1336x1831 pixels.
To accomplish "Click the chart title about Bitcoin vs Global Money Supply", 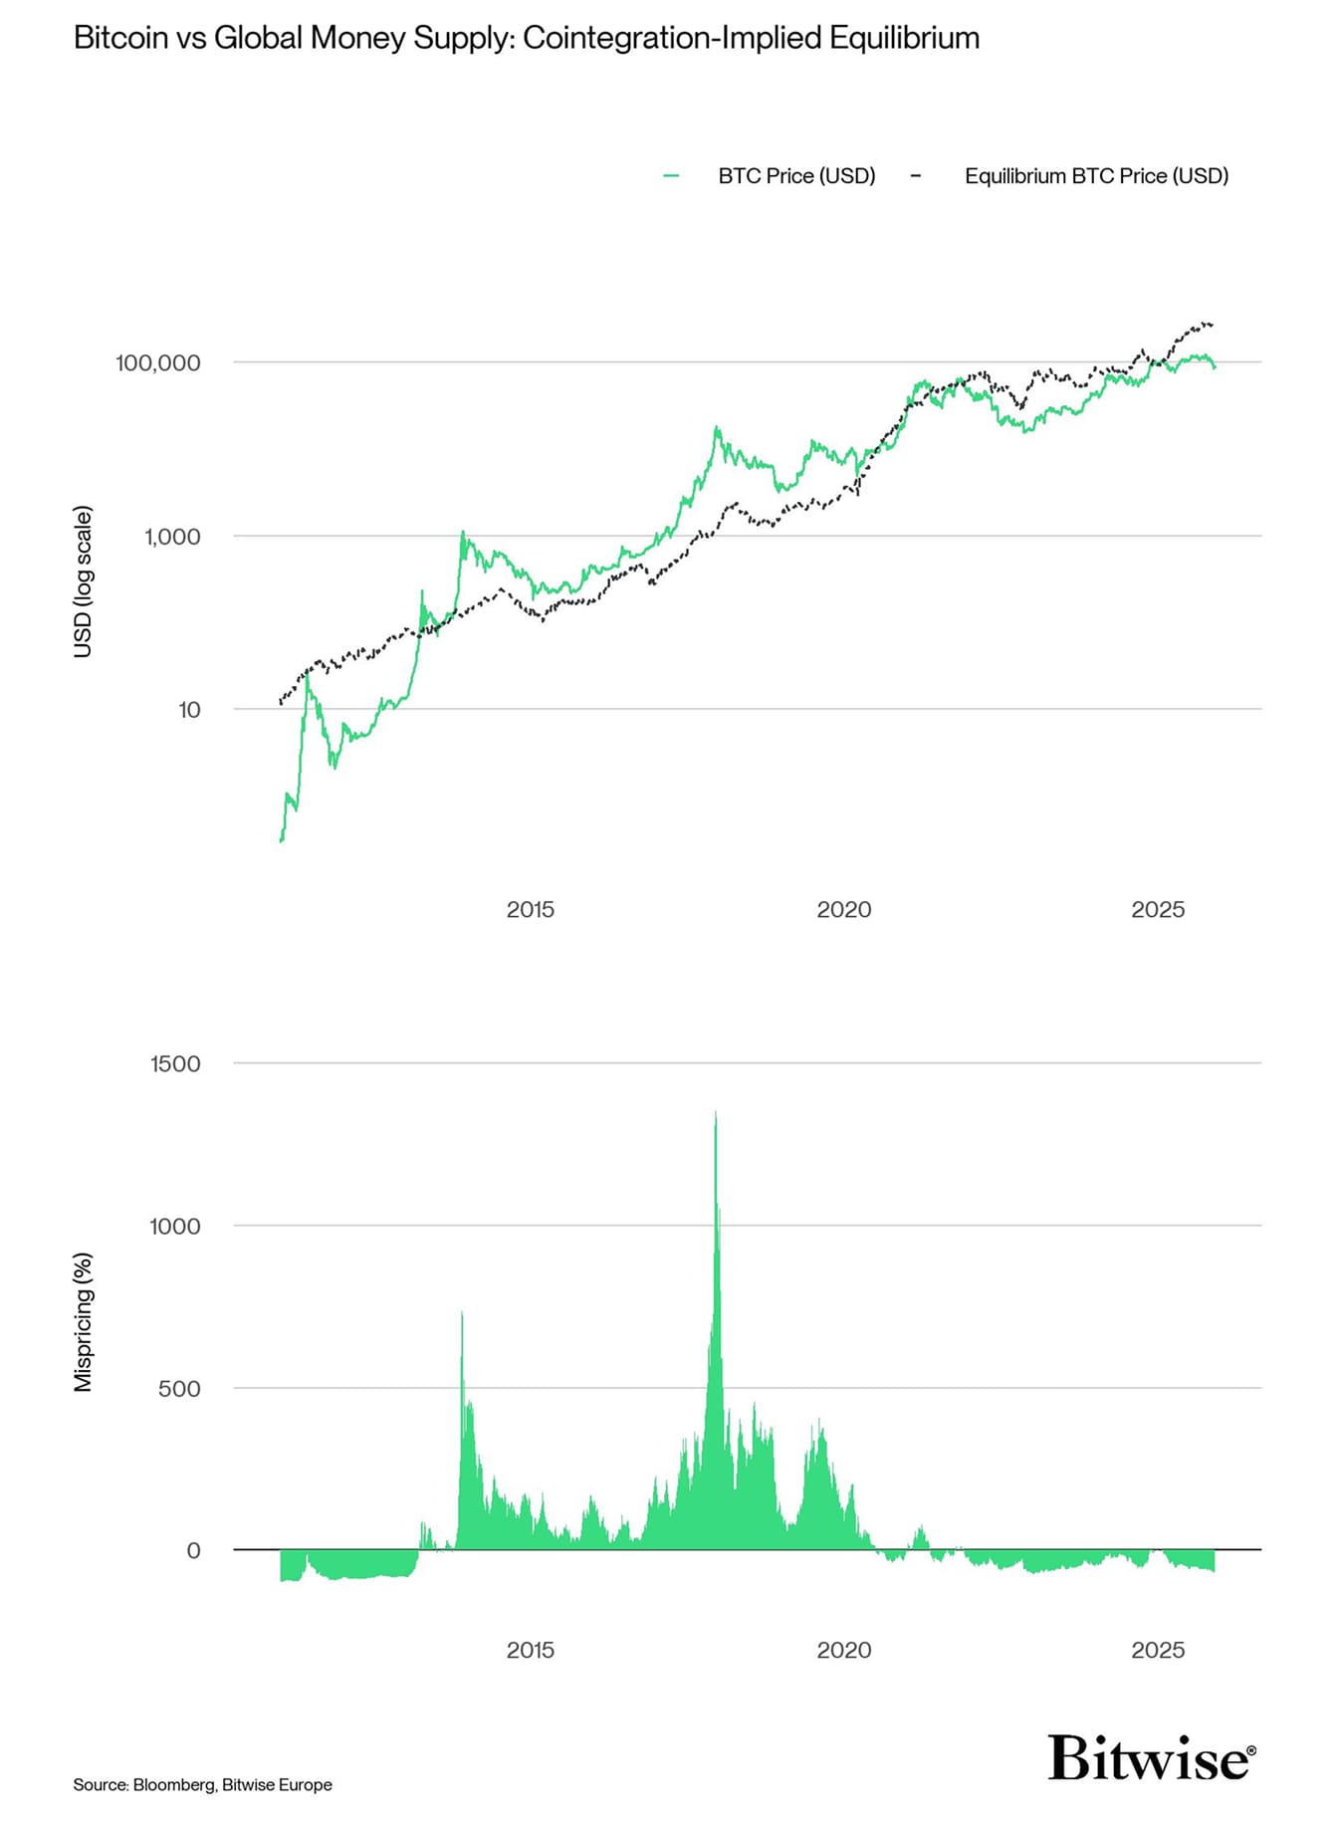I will [x=527, y=38].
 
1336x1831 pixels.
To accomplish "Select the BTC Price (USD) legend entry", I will [x=795, y=176].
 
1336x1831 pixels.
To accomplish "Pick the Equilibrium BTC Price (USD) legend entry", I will [x=1095, y=176].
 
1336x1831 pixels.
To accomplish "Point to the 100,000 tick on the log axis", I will [x=158, y=362].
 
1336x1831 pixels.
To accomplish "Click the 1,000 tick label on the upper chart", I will [x=172, y=537].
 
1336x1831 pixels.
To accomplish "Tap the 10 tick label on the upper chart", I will [x=189, y=710].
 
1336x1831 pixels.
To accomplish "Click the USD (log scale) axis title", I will [x=84, y=581].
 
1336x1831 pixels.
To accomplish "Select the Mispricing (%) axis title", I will [x=84, y=1321].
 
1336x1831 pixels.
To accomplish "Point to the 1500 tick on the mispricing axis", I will [x=175, y=1063].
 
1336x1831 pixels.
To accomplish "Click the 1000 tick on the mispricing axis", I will [x=175, y=1226].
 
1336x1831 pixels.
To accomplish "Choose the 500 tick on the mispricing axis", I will [x=179, y=1388].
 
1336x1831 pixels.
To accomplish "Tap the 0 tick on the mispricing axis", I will [x=193, y=1550].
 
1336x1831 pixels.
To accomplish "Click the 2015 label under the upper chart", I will [x=530, y=909].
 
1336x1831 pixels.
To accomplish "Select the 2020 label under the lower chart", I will [x=843, y=1650].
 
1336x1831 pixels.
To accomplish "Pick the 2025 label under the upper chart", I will [x=1158, y=909].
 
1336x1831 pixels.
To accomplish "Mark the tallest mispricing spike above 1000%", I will [x=716, y=1113].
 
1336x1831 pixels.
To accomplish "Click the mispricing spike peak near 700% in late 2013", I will [x=462, y=1314].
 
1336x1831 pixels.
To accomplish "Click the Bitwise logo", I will [x=1151, y=1758].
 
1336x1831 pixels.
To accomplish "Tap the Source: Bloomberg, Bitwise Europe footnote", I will [x=202, y=1785].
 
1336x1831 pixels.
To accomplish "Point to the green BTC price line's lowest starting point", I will [x=282, y=841].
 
